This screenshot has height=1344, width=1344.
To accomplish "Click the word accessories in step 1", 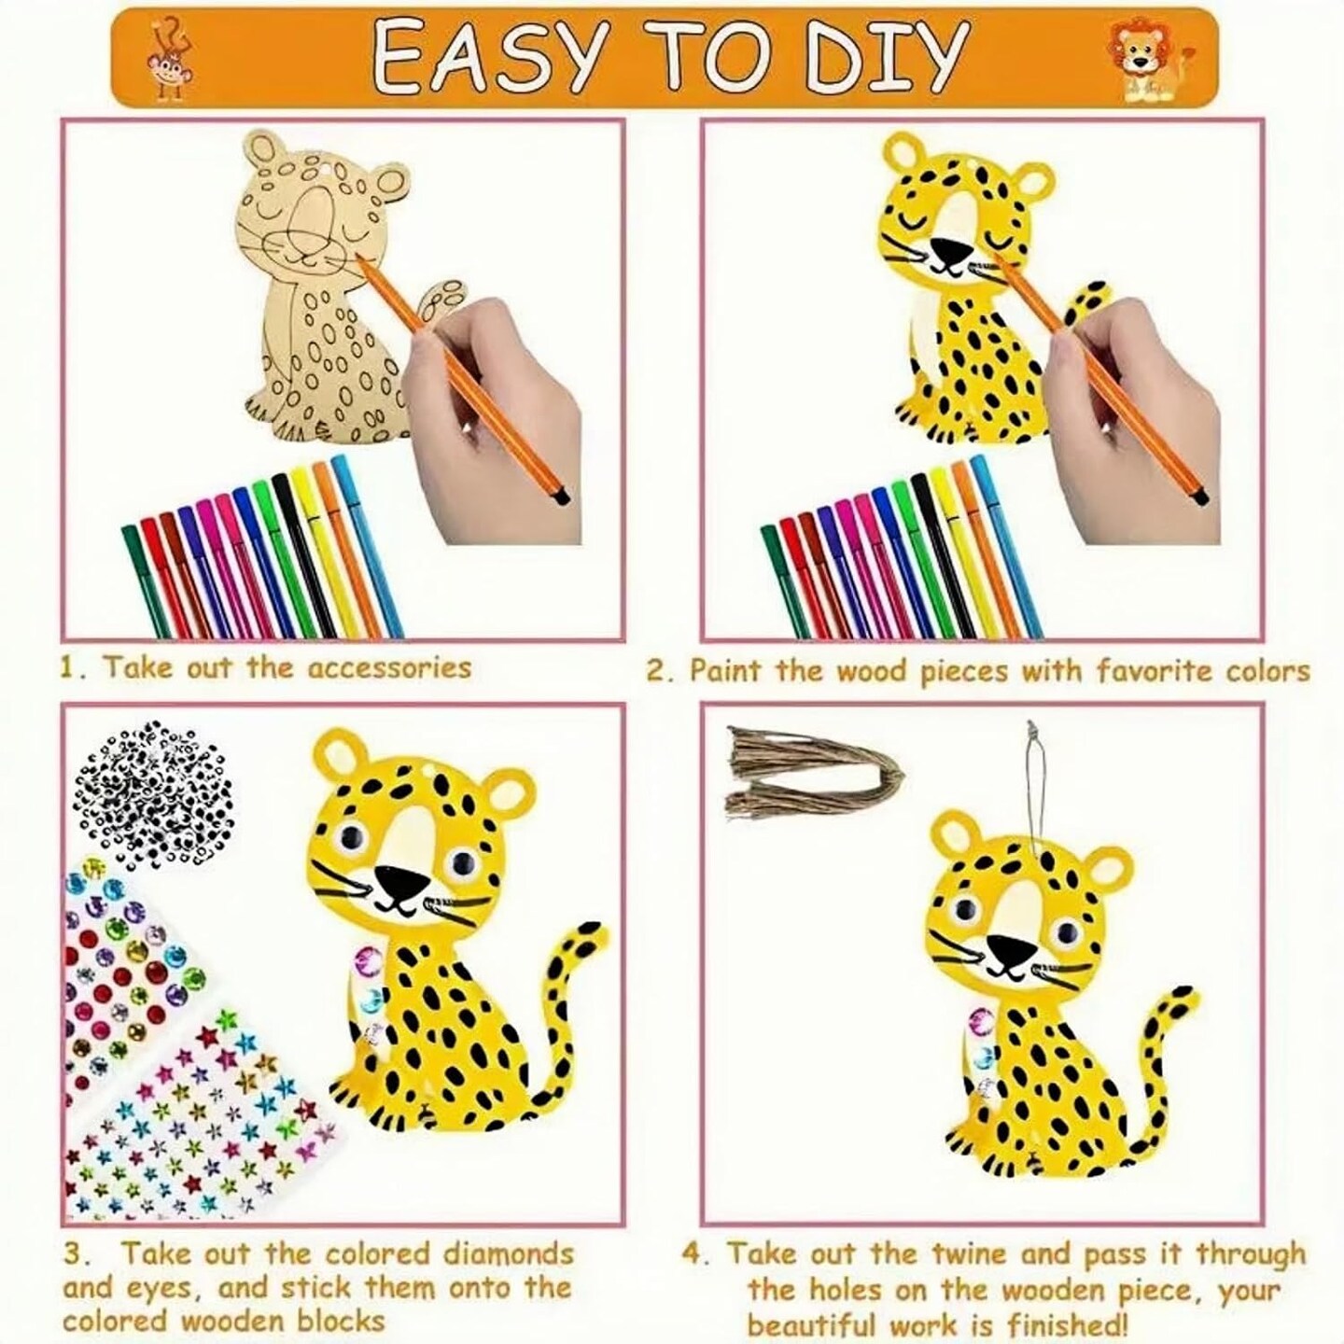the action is point(389,667).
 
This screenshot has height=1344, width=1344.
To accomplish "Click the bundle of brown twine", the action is point(814,772).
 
